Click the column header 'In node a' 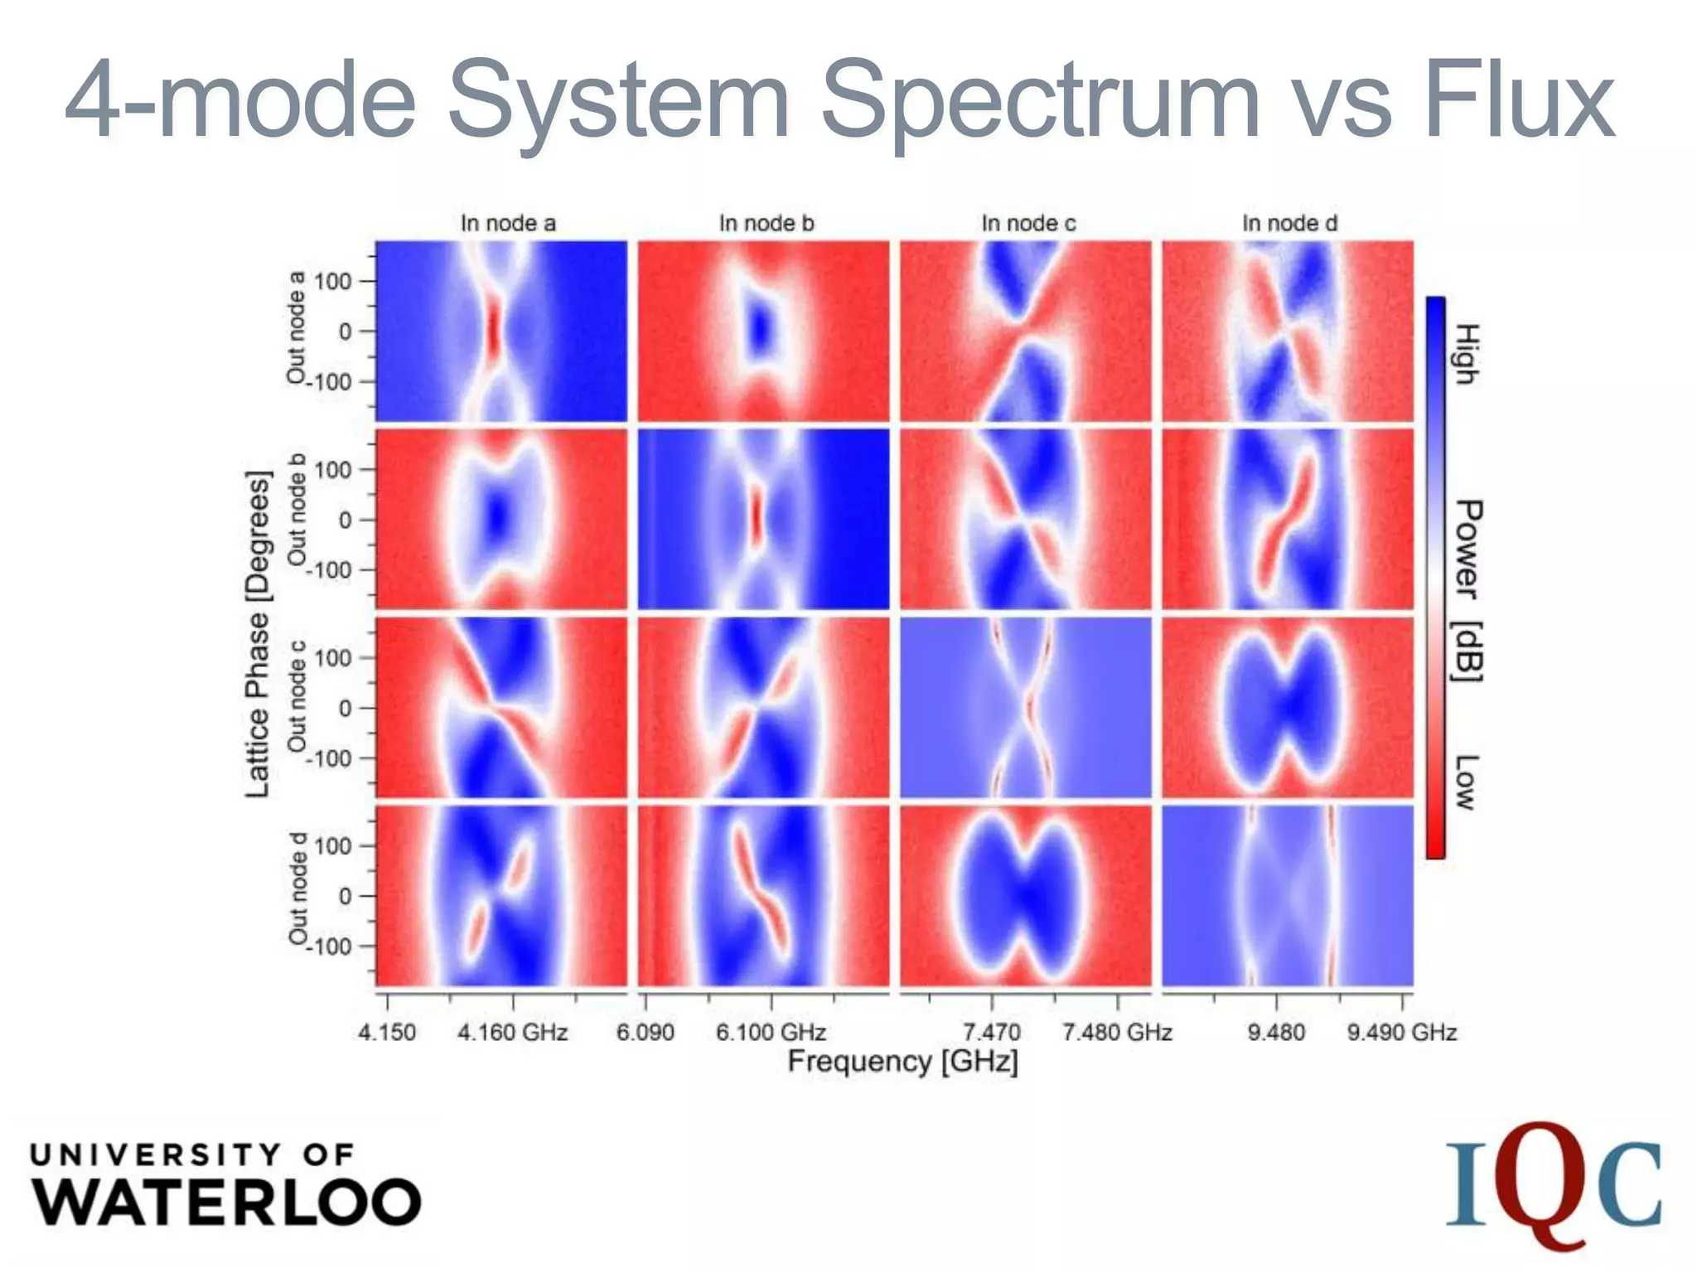pos(508,224)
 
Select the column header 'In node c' pos(1028,224)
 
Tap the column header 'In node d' pos(1289,224)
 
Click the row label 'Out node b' pos(297,510)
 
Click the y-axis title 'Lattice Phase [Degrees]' pos(259,634)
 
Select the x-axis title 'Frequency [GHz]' pos(902,1062)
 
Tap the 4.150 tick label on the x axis pos(387,1033)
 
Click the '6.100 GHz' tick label pos(771,1033)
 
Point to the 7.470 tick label pos(991,1033)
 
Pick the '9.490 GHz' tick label pos(1401,1033)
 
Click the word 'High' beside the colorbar pos(1467,354)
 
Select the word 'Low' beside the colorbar pos(1467,782)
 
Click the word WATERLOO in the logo pos(227,1202)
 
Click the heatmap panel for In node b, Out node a pos(763,331)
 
